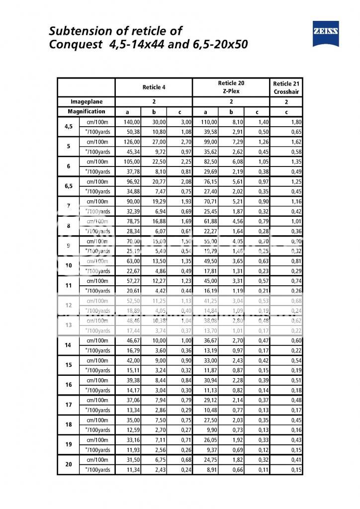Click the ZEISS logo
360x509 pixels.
click(x=325, y=34)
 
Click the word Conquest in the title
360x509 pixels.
click(x=76, y=45)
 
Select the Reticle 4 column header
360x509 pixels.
click(x=154, y=87)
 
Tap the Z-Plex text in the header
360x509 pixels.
click(x=231, y=91)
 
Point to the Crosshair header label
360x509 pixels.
click(x=286, y=92)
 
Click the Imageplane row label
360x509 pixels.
click(x=87, y=101)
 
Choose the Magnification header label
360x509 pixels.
click(x=87, y=111)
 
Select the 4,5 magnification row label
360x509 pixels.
click(x=69, y=126)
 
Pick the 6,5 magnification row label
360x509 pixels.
click(x=69, y=186)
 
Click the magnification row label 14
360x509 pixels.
click(x=69, y=345)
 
